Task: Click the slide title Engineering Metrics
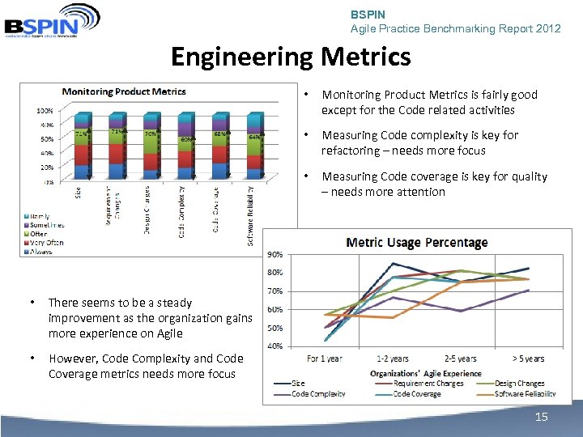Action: click(291, 57)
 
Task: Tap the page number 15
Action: click(540, 416)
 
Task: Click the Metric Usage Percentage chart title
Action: click(416, 242)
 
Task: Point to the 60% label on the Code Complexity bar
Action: click(186, 139)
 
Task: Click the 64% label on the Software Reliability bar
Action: click(255, 137)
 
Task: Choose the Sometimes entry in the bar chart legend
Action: click(46, 224)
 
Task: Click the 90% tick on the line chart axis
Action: click(275, 253)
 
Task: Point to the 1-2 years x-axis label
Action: click(393, 359)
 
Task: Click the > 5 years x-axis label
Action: click(528, 359)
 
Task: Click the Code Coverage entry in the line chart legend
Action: click(417, 394)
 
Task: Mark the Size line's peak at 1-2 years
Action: click(393, 263)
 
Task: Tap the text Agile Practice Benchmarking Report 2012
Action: click(455, 28)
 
